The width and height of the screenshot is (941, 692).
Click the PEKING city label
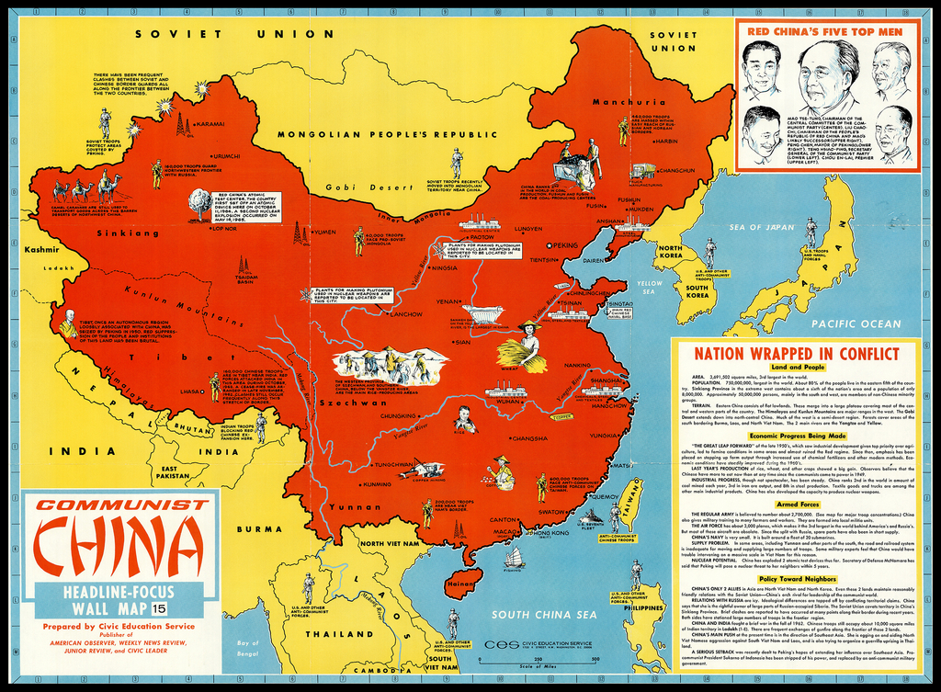tap(566, 245)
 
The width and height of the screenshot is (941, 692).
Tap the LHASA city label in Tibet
tap(191, 391)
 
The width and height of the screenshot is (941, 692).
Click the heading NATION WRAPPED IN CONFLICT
tap(796, 354)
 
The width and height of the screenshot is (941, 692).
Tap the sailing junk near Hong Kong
tap(514, 557)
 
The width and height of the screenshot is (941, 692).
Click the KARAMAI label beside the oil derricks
tap(210, 123)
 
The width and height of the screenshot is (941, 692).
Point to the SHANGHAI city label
tap(606, 380)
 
